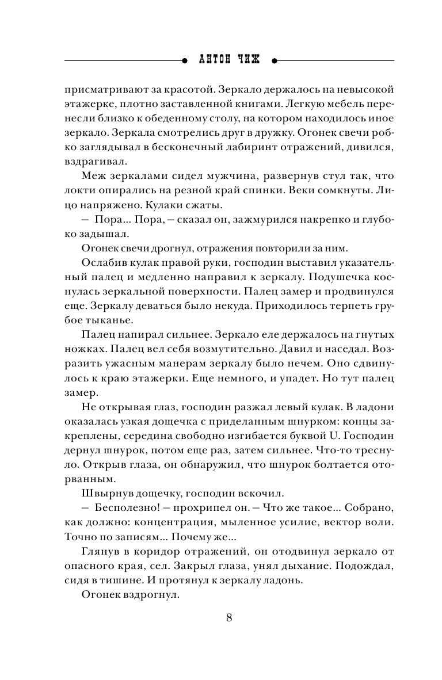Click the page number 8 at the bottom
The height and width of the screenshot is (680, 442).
coord(229,618)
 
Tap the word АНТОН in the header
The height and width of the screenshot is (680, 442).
coord(214,60)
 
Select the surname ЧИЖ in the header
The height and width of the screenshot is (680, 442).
coord(251,60)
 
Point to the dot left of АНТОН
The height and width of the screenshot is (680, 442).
coord(184,60)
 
